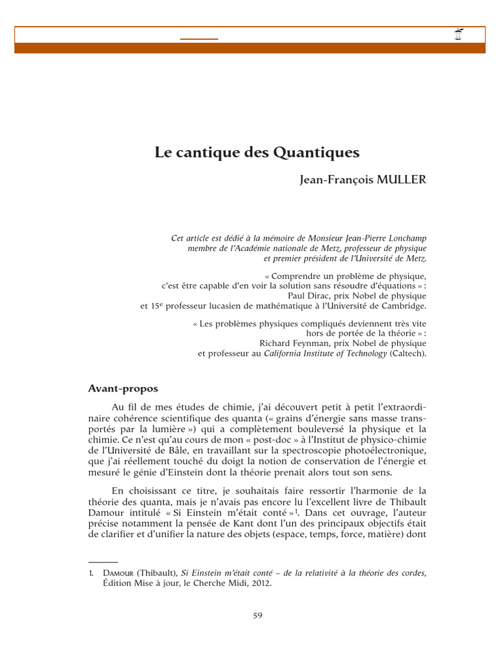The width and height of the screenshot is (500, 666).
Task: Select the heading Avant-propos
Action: pyautogui.click(x=123, y=389)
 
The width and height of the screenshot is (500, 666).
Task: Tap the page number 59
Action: pyautogui.click(x=257, y=615)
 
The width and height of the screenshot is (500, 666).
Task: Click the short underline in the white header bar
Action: pyautogui.click(x=199, y=39)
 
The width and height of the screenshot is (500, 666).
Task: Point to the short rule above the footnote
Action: pyautogui.click(x=103, y=561)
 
